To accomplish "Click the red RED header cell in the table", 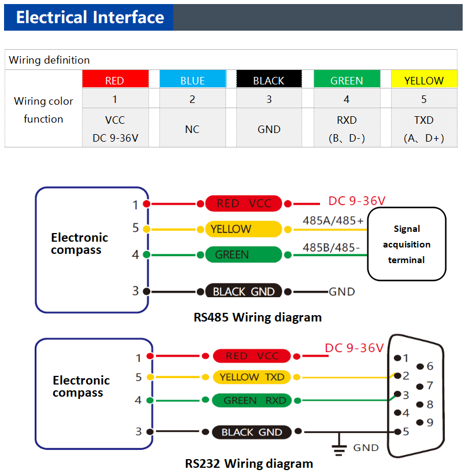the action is click(x=116, y=79).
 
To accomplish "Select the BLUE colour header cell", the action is click(x=192, y=79).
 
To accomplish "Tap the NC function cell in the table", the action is click(x=192, y=128).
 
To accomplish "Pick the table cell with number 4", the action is click(x=347, y=98).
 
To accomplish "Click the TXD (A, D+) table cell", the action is click(x=424, y=128).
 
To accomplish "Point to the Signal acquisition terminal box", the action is click(x=407, y=244).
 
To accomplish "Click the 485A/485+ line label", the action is click(x=333, y=221).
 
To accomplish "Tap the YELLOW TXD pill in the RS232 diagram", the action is click(x=252, y=377).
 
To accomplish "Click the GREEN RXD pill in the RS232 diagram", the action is click(x=252, y=400).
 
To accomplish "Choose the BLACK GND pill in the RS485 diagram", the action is click(x=244, y=291).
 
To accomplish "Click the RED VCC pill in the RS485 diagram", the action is click(x=244, y=204).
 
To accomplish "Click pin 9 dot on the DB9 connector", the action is click(x=419, y=422).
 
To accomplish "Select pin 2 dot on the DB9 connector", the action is click(x=397, y=375).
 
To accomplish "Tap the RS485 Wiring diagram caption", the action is click(x=258, y=317).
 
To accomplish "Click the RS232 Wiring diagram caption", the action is click(x=249, y=464).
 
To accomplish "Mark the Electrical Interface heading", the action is click(x=90, y=17).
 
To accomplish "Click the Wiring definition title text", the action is click(x=49, y=60).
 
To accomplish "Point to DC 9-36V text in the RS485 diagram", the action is click(x=357, y=201).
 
